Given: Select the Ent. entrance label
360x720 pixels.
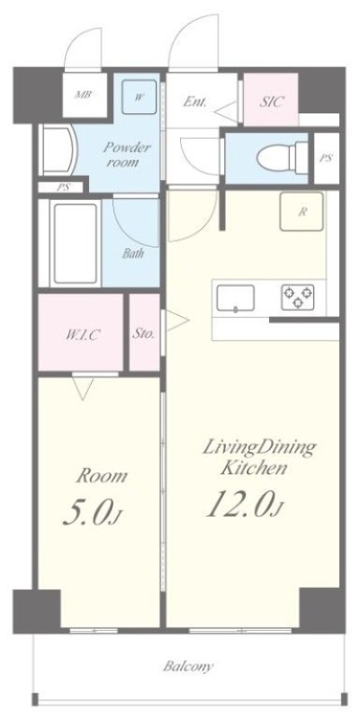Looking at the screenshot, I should click(196, 102).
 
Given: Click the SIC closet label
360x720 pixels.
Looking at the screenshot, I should click(272, 102).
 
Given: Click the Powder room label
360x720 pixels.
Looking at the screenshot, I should click(126, 154).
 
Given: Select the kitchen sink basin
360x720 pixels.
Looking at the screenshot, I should click(235, 298).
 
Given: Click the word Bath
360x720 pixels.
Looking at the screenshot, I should click(132, 253).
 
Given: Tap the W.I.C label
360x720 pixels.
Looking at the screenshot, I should click(81, 334).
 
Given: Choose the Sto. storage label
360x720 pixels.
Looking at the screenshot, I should click(143, 333).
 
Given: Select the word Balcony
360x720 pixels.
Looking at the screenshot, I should click(188, 667).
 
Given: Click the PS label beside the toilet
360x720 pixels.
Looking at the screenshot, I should click(326, 157).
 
